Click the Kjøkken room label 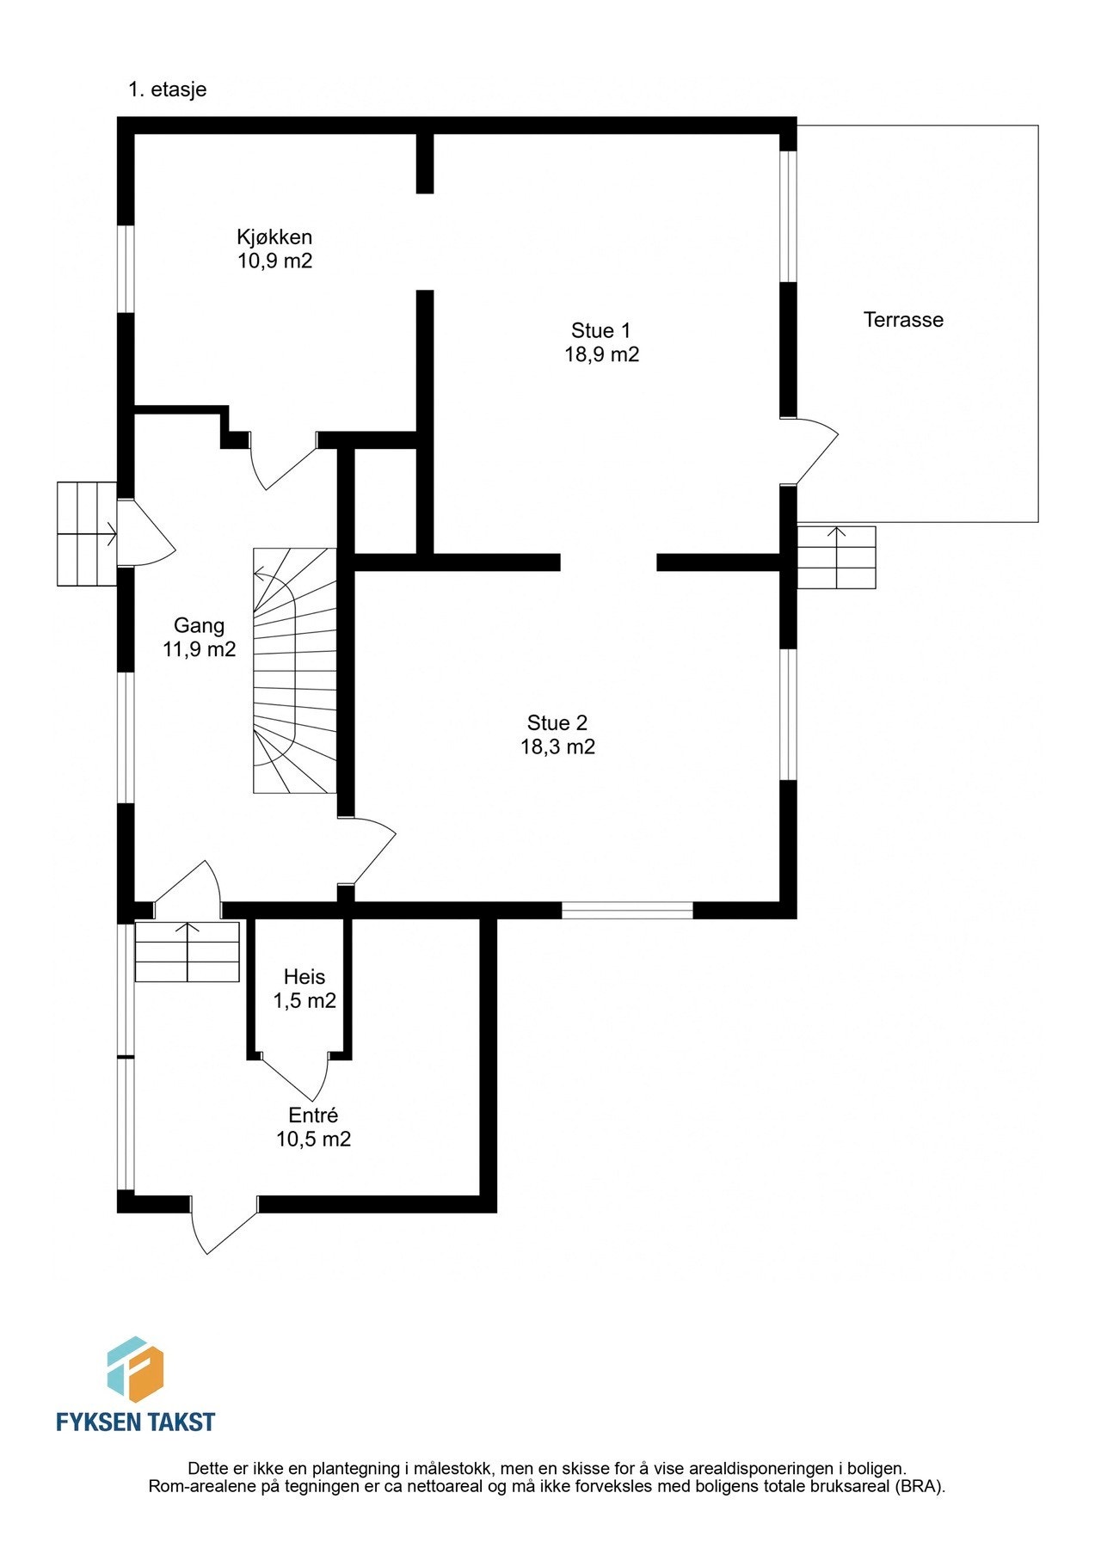coord(274,236)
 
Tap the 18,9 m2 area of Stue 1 coord(601,354)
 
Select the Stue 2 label coord(557,722)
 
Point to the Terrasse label coord(903,320)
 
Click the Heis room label coord(305,977)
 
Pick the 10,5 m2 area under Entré coord(313,1139)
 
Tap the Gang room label coord(199,625)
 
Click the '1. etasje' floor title coord(168,89)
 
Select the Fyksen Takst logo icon coord(135,1370)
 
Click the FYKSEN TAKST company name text coord(135,1422)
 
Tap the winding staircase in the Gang coord(294,670)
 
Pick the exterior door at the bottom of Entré coord(225,1225)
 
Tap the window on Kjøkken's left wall coord(126,269)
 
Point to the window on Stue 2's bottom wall coord(627,910)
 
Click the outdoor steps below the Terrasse coord(836,557)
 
